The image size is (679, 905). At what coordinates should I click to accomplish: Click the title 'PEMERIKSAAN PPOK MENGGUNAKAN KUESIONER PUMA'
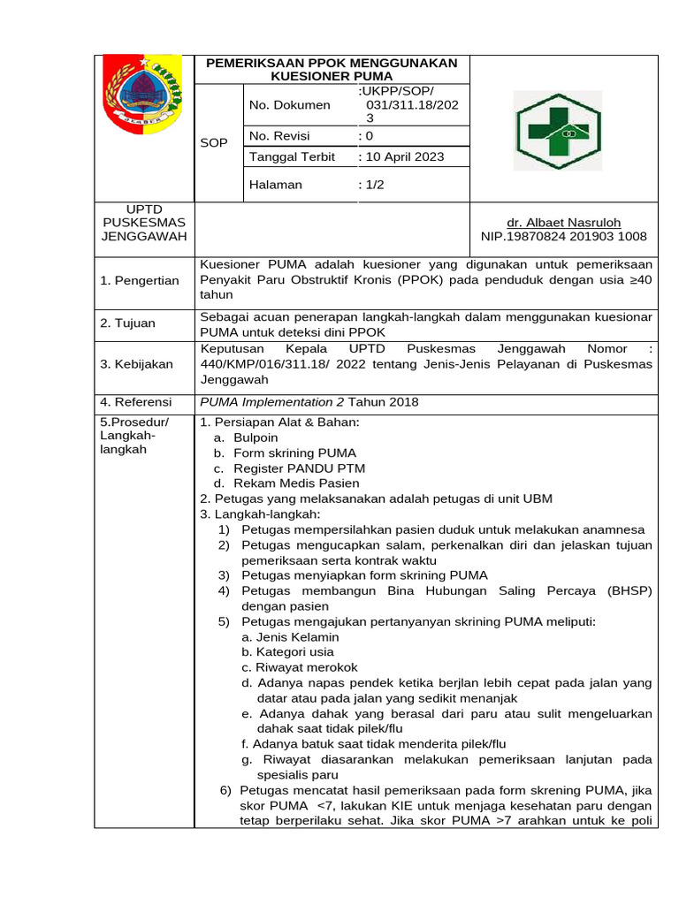tap(332, 70)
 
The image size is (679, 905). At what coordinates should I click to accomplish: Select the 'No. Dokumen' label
tap(290, 105)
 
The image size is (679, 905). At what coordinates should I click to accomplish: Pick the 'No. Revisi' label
tap(280, 135)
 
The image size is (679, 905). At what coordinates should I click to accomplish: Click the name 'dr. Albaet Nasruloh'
tap(563, 223)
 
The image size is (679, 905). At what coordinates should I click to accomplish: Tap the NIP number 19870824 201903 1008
tap(563, 236)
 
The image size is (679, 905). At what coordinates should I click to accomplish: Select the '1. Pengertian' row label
tap(140, 280)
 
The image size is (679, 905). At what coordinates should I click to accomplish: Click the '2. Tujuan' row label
tap(127, 323)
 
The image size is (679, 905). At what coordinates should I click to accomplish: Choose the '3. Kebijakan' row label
tap(136, 363)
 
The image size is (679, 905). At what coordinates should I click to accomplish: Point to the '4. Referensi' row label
tap(136, 402)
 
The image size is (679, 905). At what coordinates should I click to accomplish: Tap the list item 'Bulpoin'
tap(256, 437)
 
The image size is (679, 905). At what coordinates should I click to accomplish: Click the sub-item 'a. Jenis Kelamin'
tap(291, 636)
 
